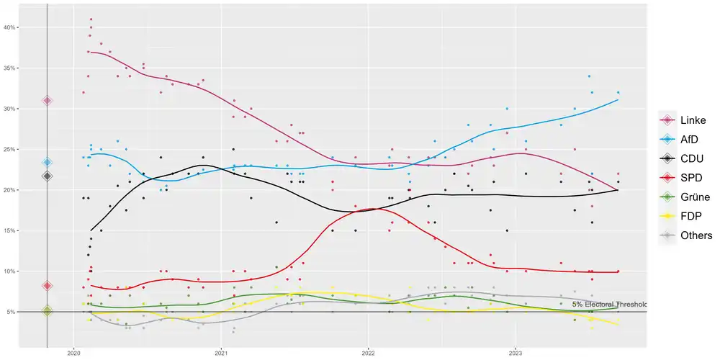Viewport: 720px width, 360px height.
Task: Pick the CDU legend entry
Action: (684, 158)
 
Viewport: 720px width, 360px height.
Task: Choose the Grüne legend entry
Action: (684, 197)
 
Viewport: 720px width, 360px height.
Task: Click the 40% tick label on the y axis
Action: (10, 27)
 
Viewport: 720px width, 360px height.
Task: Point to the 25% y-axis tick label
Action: (10, 150)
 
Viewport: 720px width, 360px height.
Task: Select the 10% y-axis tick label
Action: (10, 271)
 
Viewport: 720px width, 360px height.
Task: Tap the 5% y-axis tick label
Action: (12, 312)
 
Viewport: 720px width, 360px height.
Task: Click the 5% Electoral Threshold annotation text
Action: (609, 305)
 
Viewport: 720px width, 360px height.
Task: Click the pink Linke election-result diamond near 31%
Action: (48, 100)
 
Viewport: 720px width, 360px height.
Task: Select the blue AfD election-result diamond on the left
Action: (48, 163)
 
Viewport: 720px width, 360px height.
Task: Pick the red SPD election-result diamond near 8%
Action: (48, 286)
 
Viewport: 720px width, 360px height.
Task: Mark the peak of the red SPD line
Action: (369, 209)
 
